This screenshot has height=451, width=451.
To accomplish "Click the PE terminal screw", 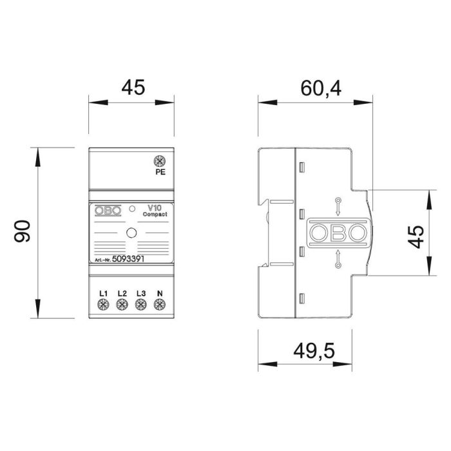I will click(x=157, y=162).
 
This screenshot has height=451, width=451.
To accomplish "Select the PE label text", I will click(x=157, y=173).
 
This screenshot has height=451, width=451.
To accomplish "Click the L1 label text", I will click(x=103, y=294).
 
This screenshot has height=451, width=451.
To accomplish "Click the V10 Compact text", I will click(x=154, y=211).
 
